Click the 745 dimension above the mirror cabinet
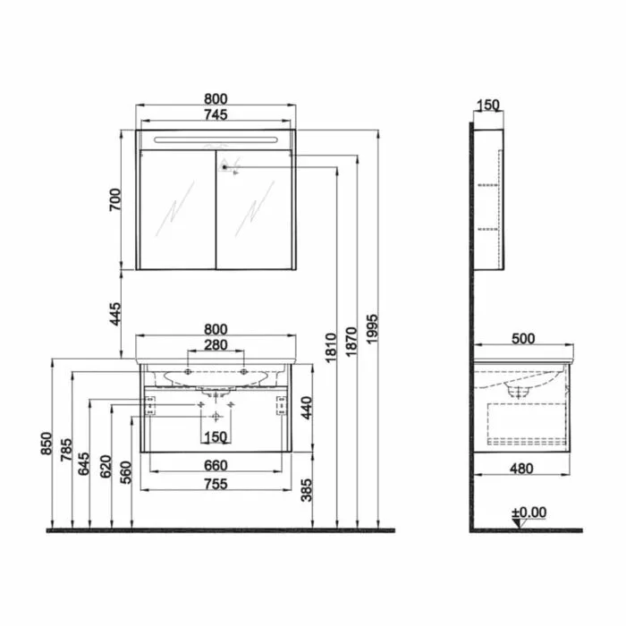point(216,115)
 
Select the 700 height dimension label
point(115,200)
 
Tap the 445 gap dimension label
point(115,314)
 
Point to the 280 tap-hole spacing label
point(216,345)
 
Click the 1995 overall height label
point(372,328)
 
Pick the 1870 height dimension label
point(351,343)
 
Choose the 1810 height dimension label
point(331,348)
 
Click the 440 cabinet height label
point(307,408)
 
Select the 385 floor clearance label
point(307,490)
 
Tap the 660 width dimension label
point(216,466)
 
